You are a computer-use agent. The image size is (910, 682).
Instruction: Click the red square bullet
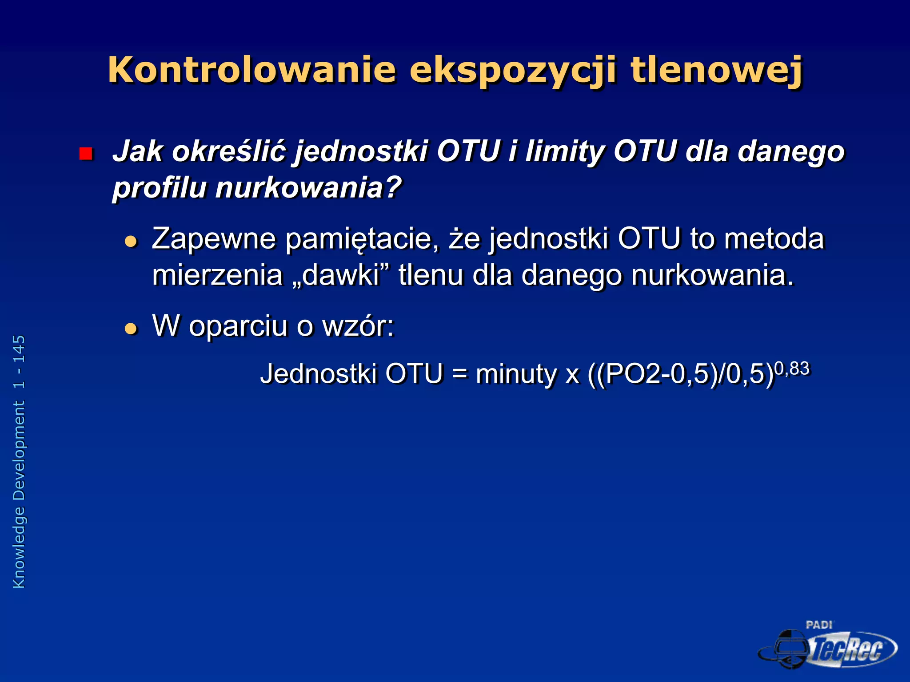pos(85,154)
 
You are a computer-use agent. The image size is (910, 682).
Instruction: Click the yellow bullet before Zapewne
pos(131,242)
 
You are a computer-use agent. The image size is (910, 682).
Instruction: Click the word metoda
pos(774,239)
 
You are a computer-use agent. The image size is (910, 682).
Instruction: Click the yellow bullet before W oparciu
pos(131,329)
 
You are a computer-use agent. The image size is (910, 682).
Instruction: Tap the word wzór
pos(358,326)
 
